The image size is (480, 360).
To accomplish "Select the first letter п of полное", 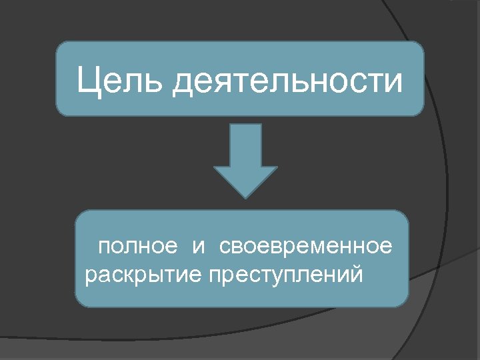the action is click(x=103, y=249).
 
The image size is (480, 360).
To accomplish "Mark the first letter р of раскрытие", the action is click(x=90, y=275).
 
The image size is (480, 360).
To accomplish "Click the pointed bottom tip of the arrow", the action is click(x=245, y=197).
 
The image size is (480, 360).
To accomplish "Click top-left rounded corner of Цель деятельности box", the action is click(x=61, y=47).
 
